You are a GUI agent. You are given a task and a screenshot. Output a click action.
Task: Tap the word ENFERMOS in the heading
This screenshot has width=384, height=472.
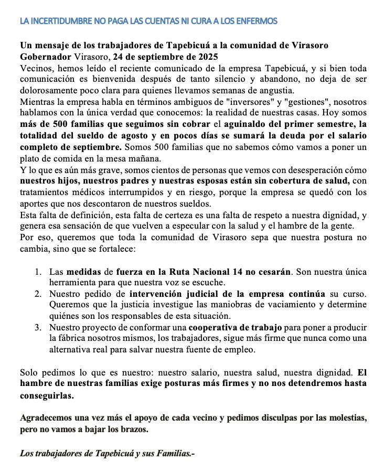point(257,22)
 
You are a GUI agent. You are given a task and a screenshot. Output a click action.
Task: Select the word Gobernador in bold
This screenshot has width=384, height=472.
point(44,56)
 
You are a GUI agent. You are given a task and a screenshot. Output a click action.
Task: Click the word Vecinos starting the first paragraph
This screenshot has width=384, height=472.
point(34,68)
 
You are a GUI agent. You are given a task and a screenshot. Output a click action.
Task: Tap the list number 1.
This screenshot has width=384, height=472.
point(38,272)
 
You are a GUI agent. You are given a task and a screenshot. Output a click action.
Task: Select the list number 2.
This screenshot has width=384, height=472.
point(38,294)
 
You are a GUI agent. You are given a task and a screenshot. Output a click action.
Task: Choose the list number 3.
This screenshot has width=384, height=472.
point(38,327)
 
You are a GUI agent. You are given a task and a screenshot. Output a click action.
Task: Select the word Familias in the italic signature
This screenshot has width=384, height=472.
point(173,453)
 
